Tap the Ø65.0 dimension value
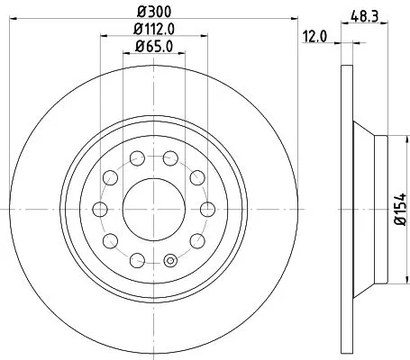[x=154, y=47]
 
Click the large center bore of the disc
[x=154, y=209]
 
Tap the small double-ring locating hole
[x=169, y=263]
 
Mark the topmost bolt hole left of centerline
[x=138, y=159]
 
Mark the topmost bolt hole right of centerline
[x=170, y=159]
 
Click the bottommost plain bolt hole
[x=138, y=259]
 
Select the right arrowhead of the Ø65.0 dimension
[x=185, y=56]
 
